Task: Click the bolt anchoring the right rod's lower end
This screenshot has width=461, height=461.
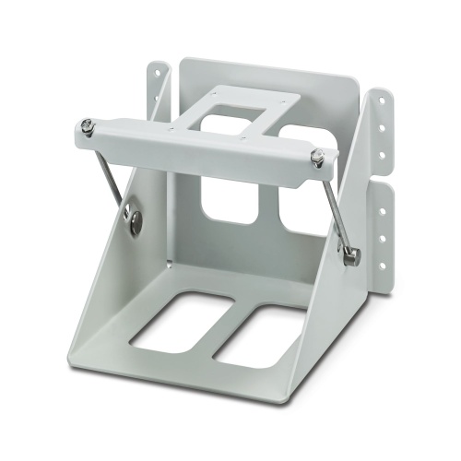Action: (350, 257)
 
